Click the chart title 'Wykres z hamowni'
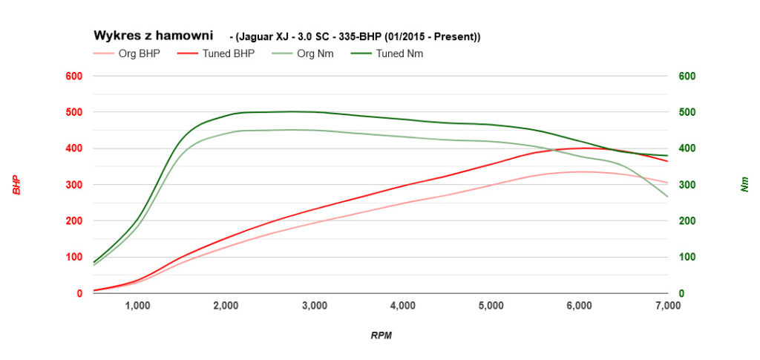(152, 35)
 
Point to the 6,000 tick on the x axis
(580, 305)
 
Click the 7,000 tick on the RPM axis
(667, 305)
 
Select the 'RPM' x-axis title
(381, 336)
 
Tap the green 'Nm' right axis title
(744, 185)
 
